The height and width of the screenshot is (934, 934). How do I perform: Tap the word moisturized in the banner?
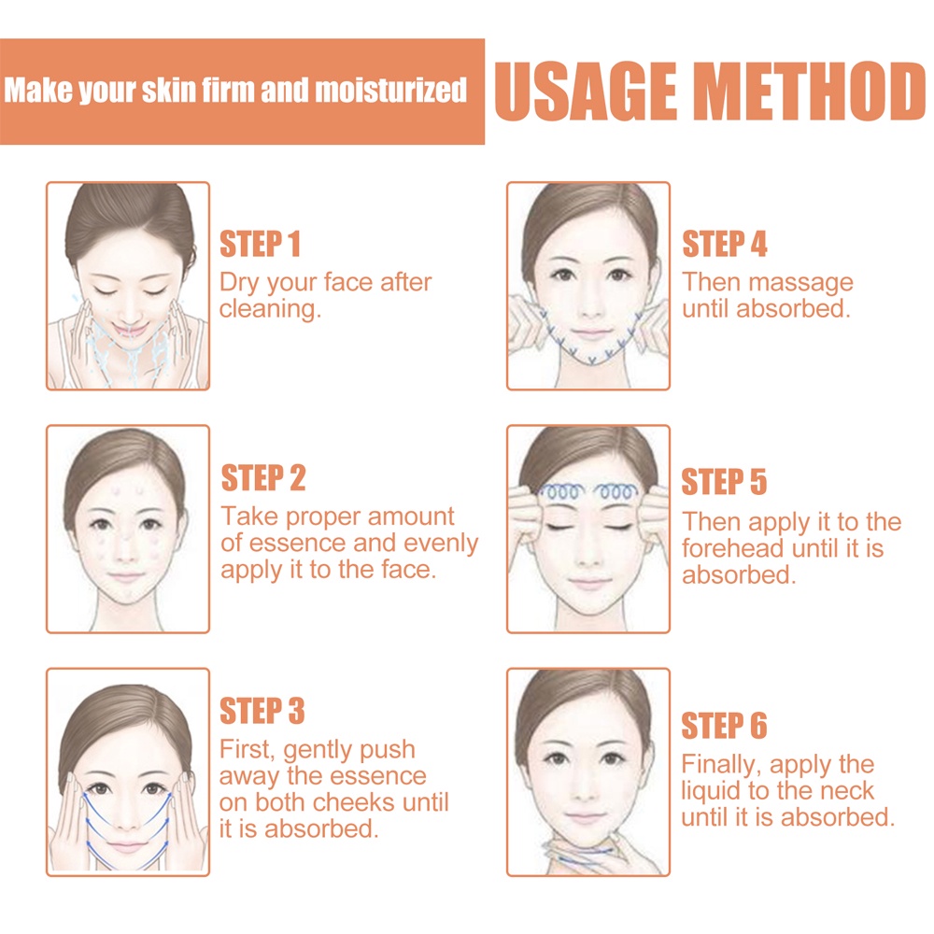point(390,91)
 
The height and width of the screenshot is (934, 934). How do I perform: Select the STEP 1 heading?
point(260,244)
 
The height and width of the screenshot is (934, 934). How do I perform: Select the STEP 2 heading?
point(263,477)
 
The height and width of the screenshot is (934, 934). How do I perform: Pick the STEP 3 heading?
point(262,711)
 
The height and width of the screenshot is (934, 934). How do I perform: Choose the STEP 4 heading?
point(725,244)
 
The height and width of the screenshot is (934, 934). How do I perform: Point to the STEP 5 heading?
point(724,481)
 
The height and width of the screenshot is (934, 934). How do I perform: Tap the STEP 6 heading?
point(724,725)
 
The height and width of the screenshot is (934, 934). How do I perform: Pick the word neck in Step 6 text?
point(846,791)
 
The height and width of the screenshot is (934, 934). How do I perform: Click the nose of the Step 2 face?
point(126,553)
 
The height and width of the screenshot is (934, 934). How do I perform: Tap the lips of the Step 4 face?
point(590,333)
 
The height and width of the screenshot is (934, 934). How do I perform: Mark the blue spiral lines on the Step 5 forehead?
point(588,491)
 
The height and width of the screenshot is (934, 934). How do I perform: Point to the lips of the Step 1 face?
point(129,330)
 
